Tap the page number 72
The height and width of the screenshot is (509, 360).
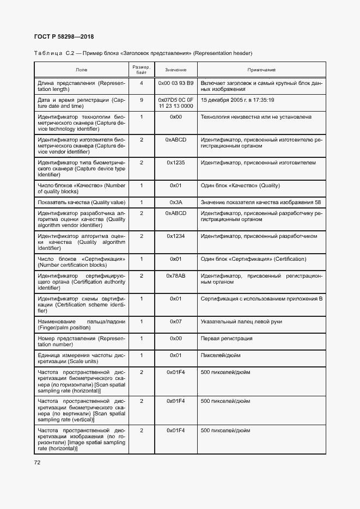38,463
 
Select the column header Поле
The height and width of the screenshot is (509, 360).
81,70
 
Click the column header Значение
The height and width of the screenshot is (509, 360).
175,70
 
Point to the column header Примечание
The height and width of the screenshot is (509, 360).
261,70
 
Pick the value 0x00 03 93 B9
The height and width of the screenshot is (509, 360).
175,83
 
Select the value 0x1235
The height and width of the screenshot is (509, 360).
175,162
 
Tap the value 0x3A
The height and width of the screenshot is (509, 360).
175,202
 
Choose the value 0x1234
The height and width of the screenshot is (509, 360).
175,236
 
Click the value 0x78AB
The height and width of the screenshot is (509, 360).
175,276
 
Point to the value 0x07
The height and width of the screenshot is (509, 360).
175,321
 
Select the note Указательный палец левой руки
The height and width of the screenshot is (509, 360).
241,321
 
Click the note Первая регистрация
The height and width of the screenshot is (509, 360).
227,338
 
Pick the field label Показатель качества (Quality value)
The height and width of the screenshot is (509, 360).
81,202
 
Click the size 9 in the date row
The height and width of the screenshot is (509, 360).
141,100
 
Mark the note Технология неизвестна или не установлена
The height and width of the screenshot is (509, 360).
256,116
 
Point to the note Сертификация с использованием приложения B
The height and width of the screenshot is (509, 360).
262,298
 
